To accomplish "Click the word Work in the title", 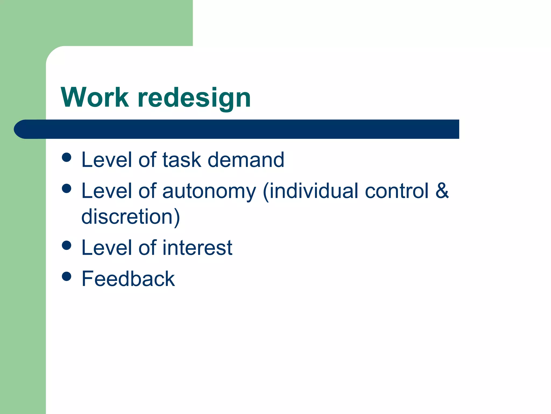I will pyautogui.click(x=95, y=97).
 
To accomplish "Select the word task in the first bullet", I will pyautogui.click(x=182, y=160).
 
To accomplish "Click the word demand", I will pyautogui.click(x=246, y=160).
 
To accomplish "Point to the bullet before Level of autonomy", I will pyautogui.click(x=66, y=188).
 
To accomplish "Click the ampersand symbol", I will pyautogui.click(x=442, y=190).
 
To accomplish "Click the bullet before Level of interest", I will pyautogui.click(x=66, y=245).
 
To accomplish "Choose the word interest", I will pyautogui.click(x=197, y=248).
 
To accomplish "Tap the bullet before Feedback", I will pyautogui.click(x=66, y=276).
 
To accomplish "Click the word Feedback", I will pyautogui.click(x=128, y=279).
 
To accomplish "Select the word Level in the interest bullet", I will pyautogui.click(x=106, y=248).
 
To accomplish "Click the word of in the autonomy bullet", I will pyautogui.click(x=147, y=191).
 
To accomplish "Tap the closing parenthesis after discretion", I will pyautogui.click(x=176, y=217).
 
